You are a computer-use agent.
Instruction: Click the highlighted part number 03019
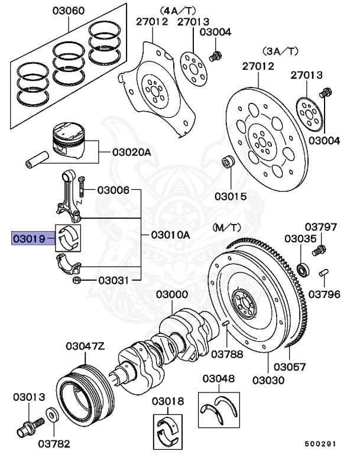[x=28, y=239]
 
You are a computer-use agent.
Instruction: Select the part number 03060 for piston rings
[x=69, y=11]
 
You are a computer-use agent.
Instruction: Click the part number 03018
[x=167, y=402]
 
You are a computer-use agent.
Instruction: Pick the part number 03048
[x=218, y=378]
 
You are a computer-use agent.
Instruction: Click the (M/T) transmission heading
[x=227, y=227]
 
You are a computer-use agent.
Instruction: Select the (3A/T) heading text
[x=274, y=52]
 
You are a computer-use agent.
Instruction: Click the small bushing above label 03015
[x=227, y=163]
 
